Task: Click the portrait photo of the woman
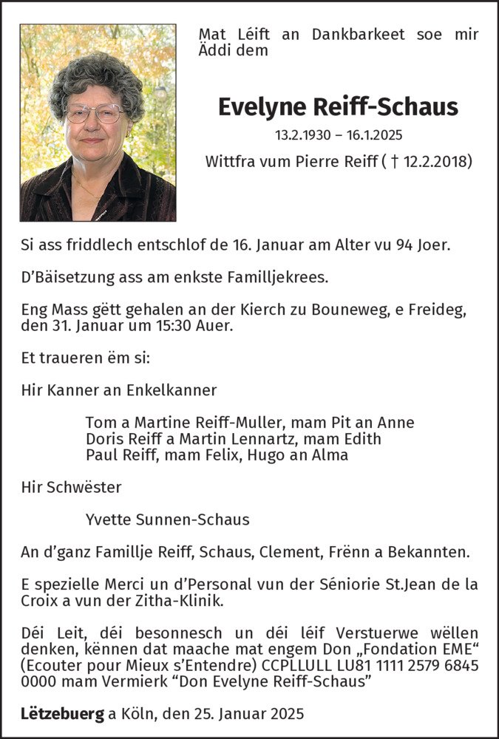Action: pyautogui.click(x=98, y=123)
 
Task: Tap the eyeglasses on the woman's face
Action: pyautogui.click(x=94, y=113)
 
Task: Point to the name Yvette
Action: pyautogui.click(x=109, y=520)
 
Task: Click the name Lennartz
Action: pyautogui.click(x=270, y=439)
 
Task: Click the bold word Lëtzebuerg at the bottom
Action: pyautogui.click(x=62, y=715)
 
